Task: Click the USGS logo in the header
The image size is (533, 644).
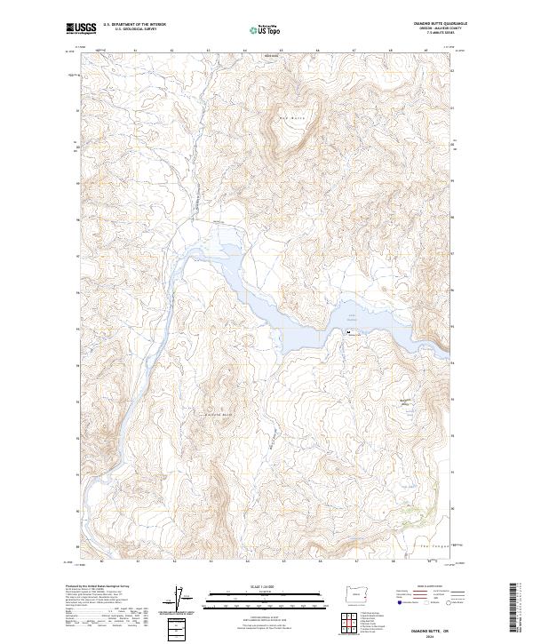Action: click(82, 29)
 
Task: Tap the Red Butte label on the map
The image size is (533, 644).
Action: click(291, 117)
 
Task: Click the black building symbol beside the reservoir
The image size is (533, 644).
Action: click(348, 333)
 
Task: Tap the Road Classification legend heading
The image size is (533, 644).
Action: click(427, 586)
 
